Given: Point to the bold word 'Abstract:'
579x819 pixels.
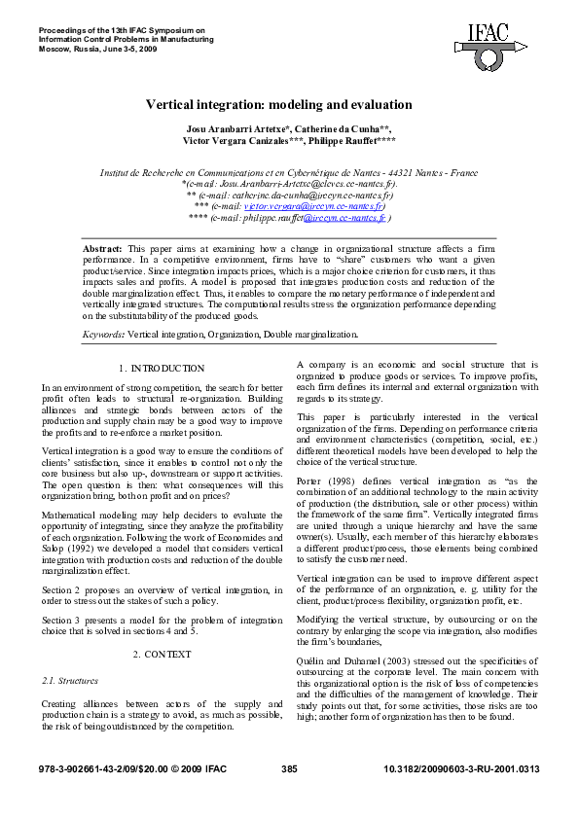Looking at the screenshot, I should pyautogui.click(x=103, y=250).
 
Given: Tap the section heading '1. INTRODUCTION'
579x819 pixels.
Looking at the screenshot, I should pyautogui.click(x=162, y=369).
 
